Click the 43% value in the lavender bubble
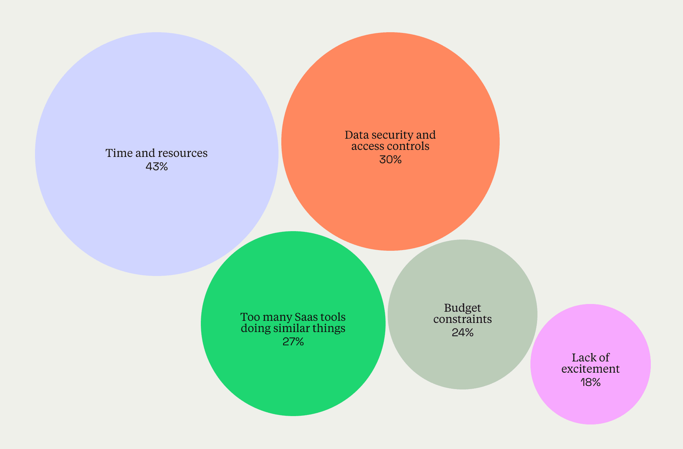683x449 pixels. (156, 167)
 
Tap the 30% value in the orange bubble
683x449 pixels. (390, 160)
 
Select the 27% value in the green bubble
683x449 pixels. (293, 341)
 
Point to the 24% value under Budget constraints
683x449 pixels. (462, 332)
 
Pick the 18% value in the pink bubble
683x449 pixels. (590, 382)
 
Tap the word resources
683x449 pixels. (182, 153)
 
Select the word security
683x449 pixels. (392, 135)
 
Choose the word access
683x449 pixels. (366, 146)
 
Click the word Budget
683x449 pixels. (462, 308)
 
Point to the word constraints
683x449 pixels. (462, 319)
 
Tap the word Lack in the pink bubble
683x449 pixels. (582, 358)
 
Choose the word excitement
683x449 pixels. (590, 369)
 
